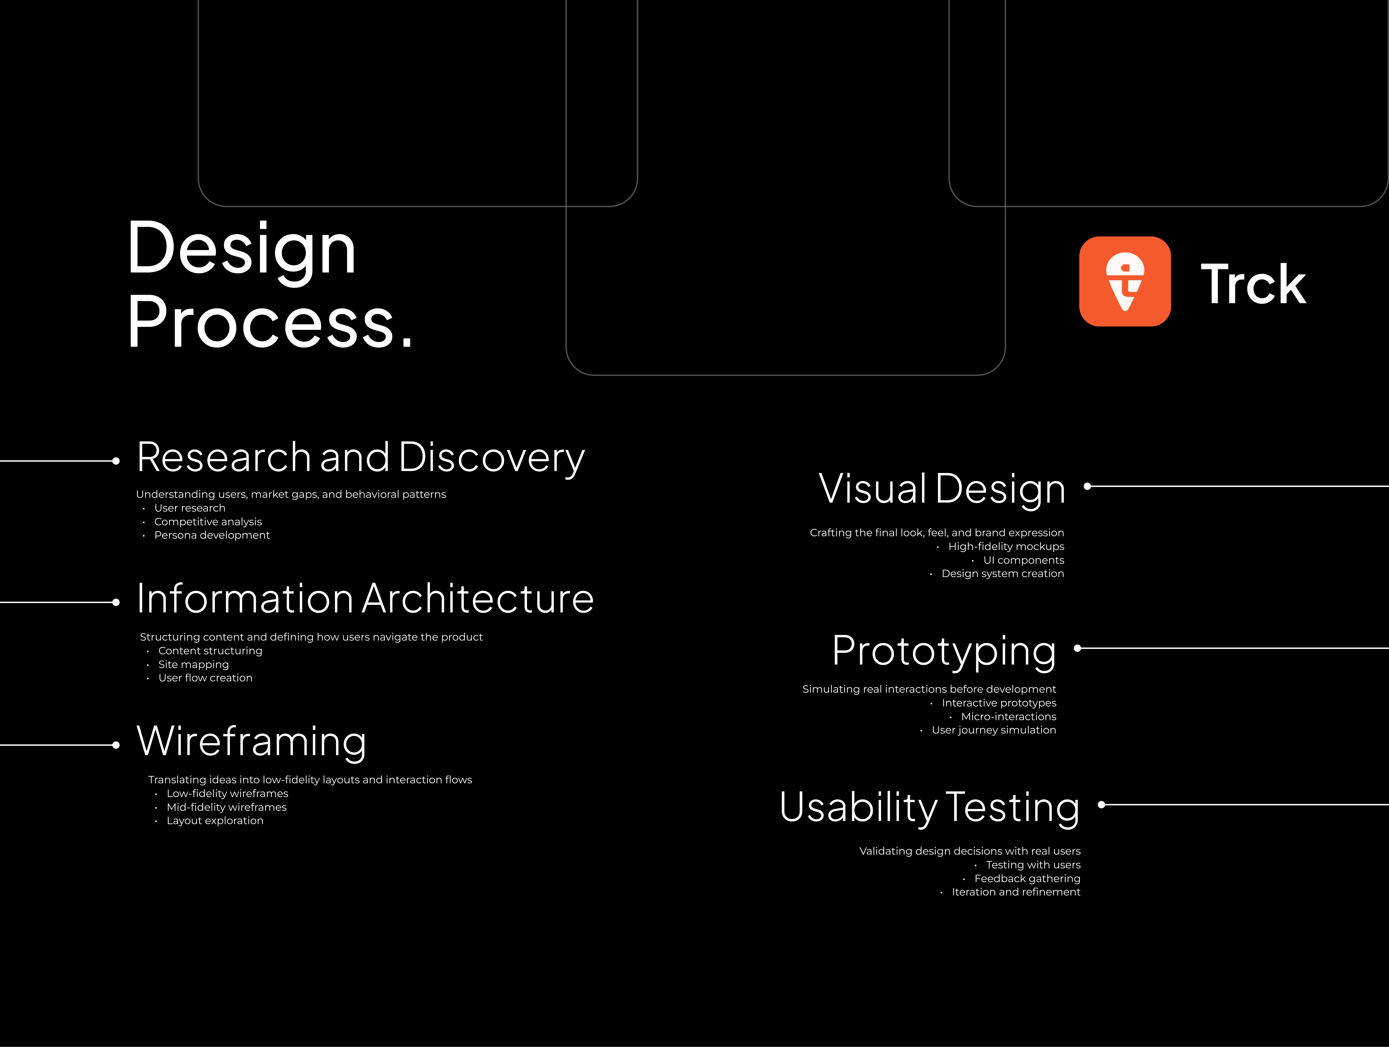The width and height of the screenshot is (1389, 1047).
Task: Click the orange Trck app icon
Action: pos(1125,281)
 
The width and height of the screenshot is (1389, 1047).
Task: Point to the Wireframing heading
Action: pos(251,741)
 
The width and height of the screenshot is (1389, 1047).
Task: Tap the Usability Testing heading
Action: pos(929,808)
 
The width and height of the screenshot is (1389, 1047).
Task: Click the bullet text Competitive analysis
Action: pos(208,522)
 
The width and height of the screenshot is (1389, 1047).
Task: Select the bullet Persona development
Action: pos(212,535)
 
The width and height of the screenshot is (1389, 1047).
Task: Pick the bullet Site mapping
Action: pos(193,664)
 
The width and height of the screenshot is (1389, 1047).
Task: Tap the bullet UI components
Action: pos(1023,560)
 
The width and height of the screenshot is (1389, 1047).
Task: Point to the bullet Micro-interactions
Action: pos(1008,716)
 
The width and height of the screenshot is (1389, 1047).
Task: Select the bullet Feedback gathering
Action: pos(1027,878)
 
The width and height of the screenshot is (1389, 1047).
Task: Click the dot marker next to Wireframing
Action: pos(115,745)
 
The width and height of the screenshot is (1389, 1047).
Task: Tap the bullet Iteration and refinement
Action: pos(1016,892)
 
